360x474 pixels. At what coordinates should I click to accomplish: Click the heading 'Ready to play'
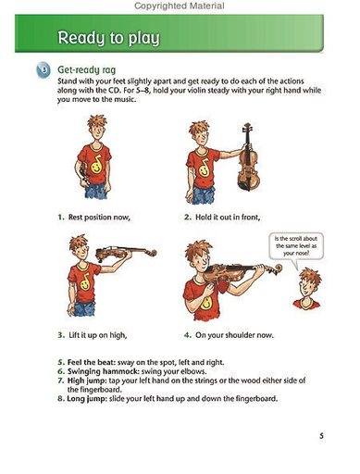tap(108, 38)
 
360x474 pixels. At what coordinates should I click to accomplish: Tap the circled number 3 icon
tap(43, 70)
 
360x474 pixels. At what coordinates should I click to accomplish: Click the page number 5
tap(320, 435)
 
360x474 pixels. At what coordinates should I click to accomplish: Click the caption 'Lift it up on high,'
tap(100, 333)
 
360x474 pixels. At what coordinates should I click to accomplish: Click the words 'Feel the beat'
tap(83, 357)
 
